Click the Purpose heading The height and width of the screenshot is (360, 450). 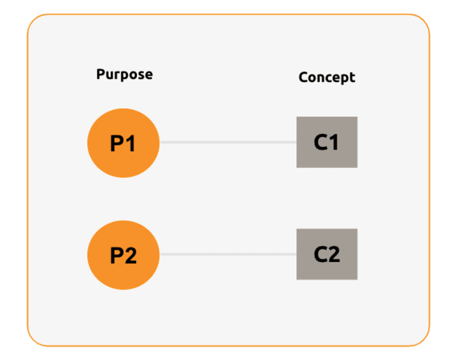click(124, 74)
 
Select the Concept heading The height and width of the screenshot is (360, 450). click(327, 77)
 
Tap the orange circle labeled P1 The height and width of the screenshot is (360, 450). click(123, 143)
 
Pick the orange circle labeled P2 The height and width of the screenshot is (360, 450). click(123, 255)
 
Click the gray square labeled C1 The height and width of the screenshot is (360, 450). click(327, 142)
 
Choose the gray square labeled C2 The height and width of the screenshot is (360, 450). click(327, 254)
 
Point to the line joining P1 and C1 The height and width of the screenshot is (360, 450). click(228, 142)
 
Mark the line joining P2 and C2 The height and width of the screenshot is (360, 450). click(228, 254)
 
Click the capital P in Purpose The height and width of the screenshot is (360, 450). click(101, 74)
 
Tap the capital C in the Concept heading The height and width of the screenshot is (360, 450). click(303, 77)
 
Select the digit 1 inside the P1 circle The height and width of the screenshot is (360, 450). click(131, 143)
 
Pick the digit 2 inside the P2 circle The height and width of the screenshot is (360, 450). click(131, 255)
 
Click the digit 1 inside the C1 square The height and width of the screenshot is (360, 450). click(334, 142)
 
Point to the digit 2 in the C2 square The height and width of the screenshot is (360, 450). click(334, 254)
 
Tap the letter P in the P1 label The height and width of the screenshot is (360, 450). click(117, 143)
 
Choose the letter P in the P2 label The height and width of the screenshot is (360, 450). click(117, 255)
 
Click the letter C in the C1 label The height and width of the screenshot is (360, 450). click(321, 142)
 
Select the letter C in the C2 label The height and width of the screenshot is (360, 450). click(321, 254)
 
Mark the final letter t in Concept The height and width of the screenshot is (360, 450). click(352, 77)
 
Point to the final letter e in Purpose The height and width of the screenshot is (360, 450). click(149, 75)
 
